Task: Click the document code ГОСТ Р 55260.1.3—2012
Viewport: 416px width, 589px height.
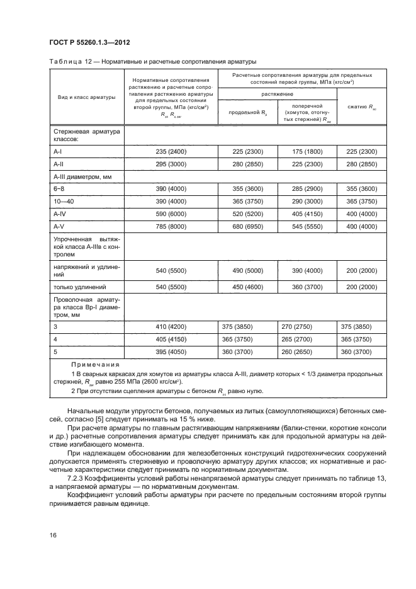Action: [90, 42]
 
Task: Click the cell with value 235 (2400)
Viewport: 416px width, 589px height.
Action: [171, 151]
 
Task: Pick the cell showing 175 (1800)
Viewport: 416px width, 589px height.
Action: [307, 151]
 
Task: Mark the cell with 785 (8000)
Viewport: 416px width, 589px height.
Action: [171, 226]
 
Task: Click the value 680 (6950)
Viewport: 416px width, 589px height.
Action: [247, 226]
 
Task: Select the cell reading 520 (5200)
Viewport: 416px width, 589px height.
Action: [247, 214]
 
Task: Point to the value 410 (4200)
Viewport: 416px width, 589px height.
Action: [171, 326]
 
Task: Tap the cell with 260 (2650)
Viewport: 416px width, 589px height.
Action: [307, 351]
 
